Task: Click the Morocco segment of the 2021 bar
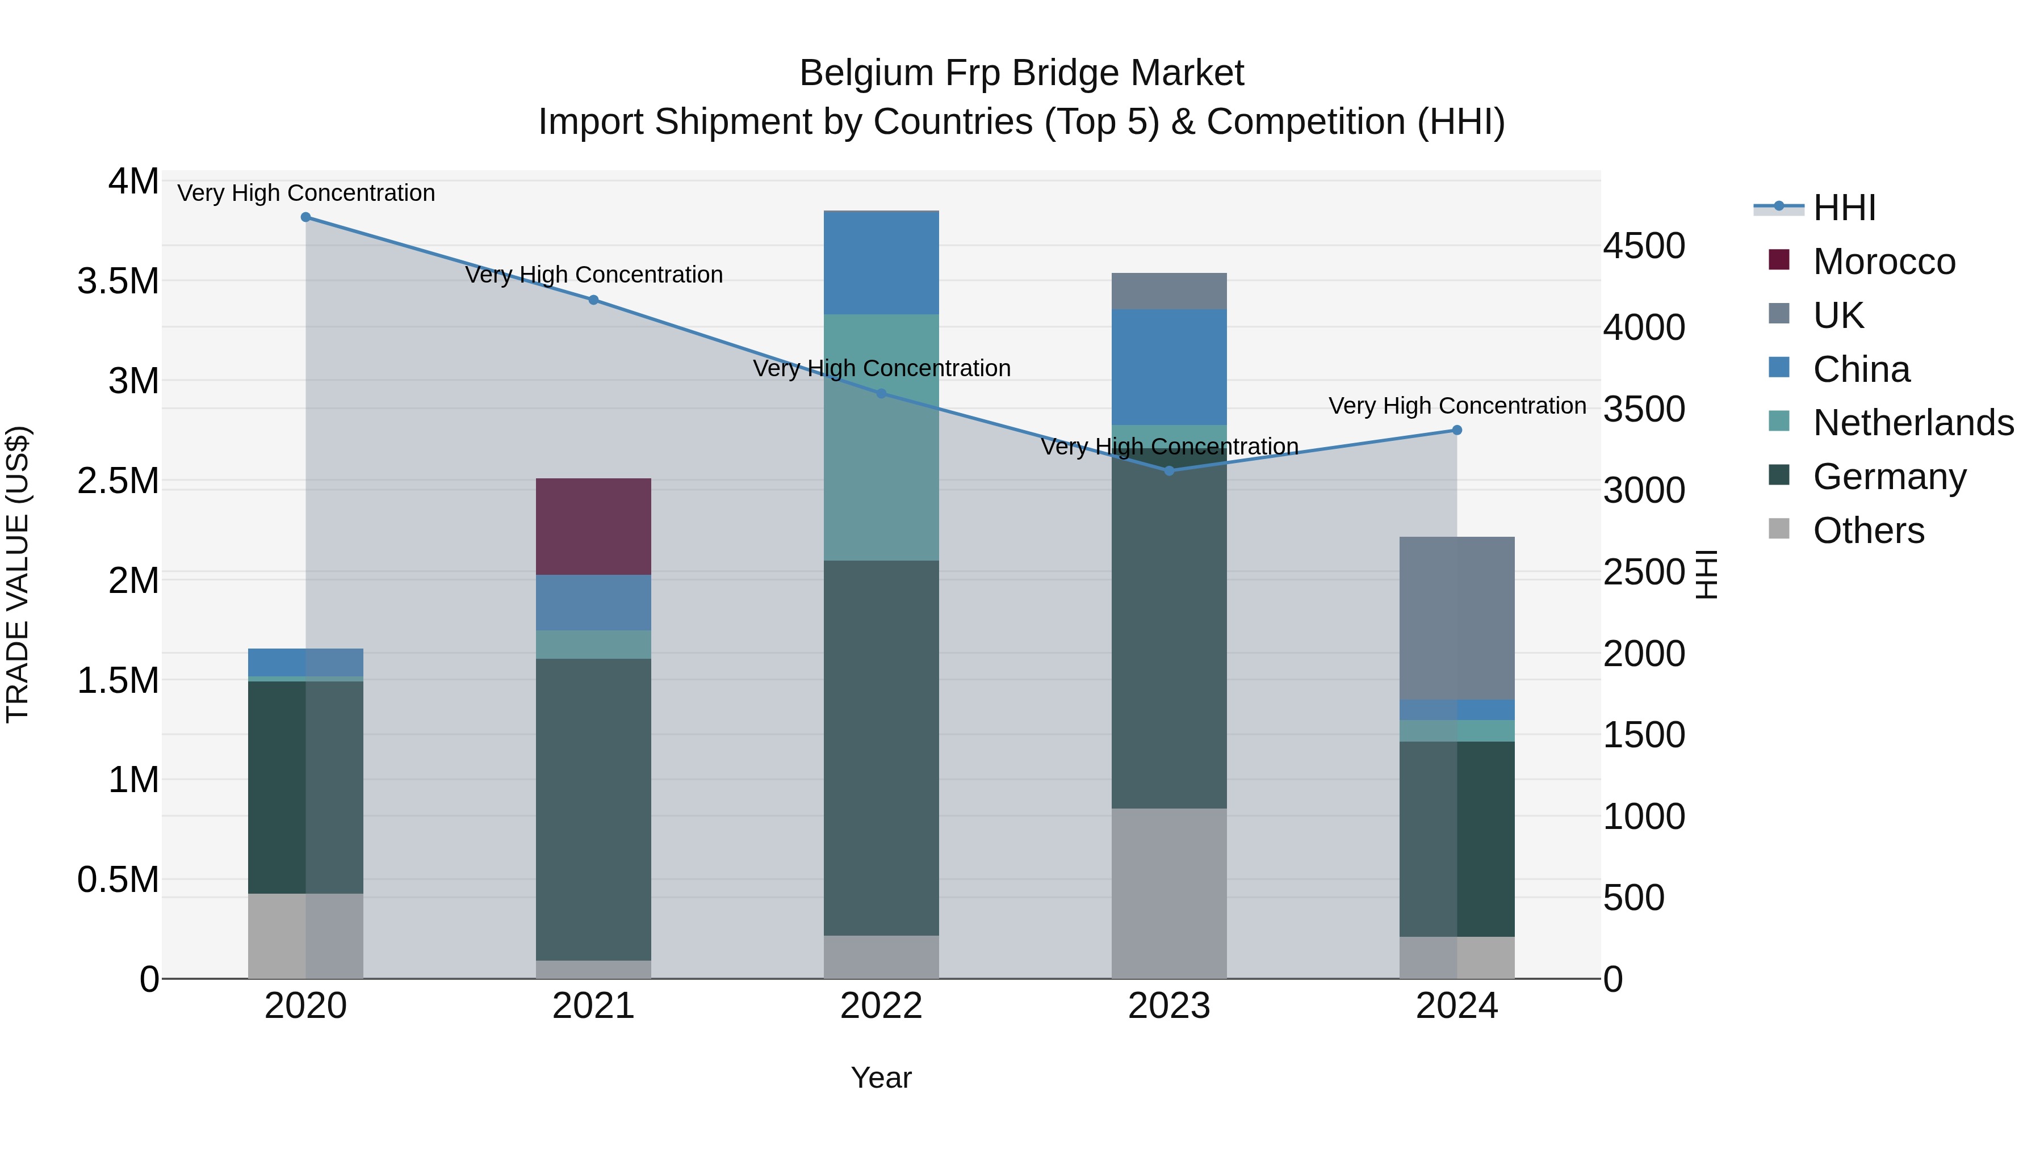coord(593,527)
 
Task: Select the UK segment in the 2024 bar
coord(1457,618)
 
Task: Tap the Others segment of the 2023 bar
coord(1169,894)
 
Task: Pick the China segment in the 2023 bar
coord(1169,367)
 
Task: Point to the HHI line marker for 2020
coord(305,217)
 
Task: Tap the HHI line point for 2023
coord(1169,471)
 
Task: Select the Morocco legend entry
coord(1884,262)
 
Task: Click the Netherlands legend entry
coord(1913,423)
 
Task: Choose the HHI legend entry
coord(1844,208)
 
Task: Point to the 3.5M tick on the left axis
coord(118,281)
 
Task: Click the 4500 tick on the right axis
coord(1644,246)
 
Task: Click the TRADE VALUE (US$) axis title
coord(18,574)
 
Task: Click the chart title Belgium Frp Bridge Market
coord(1021,73)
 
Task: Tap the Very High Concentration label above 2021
coord(593,275)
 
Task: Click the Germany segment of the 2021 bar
coord(593,809)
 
